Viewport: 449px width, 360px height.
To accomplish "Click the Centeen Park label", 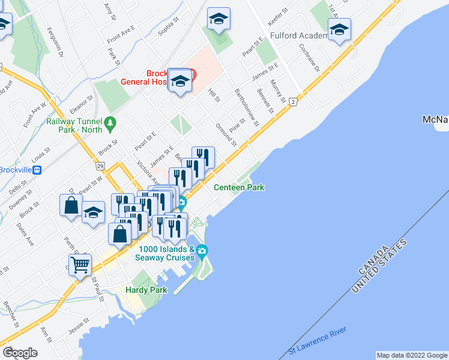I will coord(240,188).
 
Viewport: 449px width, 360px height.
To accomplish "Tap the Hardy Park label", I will coord(141,290).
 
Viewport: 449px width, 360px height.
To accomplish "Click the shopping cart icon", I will coord(80,264).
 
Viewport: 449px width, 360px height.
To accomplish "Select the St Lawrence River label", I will coord(317,341).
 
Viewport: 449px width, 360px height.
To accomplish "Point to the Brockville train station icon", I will coord(38,169).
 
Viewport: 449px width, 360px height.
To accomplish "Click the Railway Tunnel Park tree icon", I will coord(110,124).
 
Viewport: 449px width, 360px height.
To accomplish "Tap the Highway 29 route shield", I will coord(100,164).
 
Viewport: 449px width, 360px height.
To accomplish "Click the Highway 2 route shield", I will coord(293,102).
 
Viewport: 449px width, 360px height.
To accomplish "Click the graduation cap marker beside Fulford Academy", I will coord(339,29).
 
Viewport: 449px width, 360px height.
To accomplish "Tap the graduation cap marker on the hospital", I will coord(179,80).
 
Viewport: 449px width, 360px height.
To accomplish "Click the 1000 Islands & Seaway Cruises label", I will coord(166,253).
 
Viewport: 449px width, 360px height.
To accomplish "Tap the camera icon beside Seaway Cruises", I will coord(202,250).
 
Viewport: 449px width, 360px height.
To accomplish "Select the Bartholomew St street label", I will coord(246,107).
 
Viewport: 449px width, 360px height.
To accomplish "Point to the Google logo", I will coord(20,353).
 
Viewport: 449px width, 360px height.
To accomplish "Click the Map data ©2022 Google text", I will coord(411,355).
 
